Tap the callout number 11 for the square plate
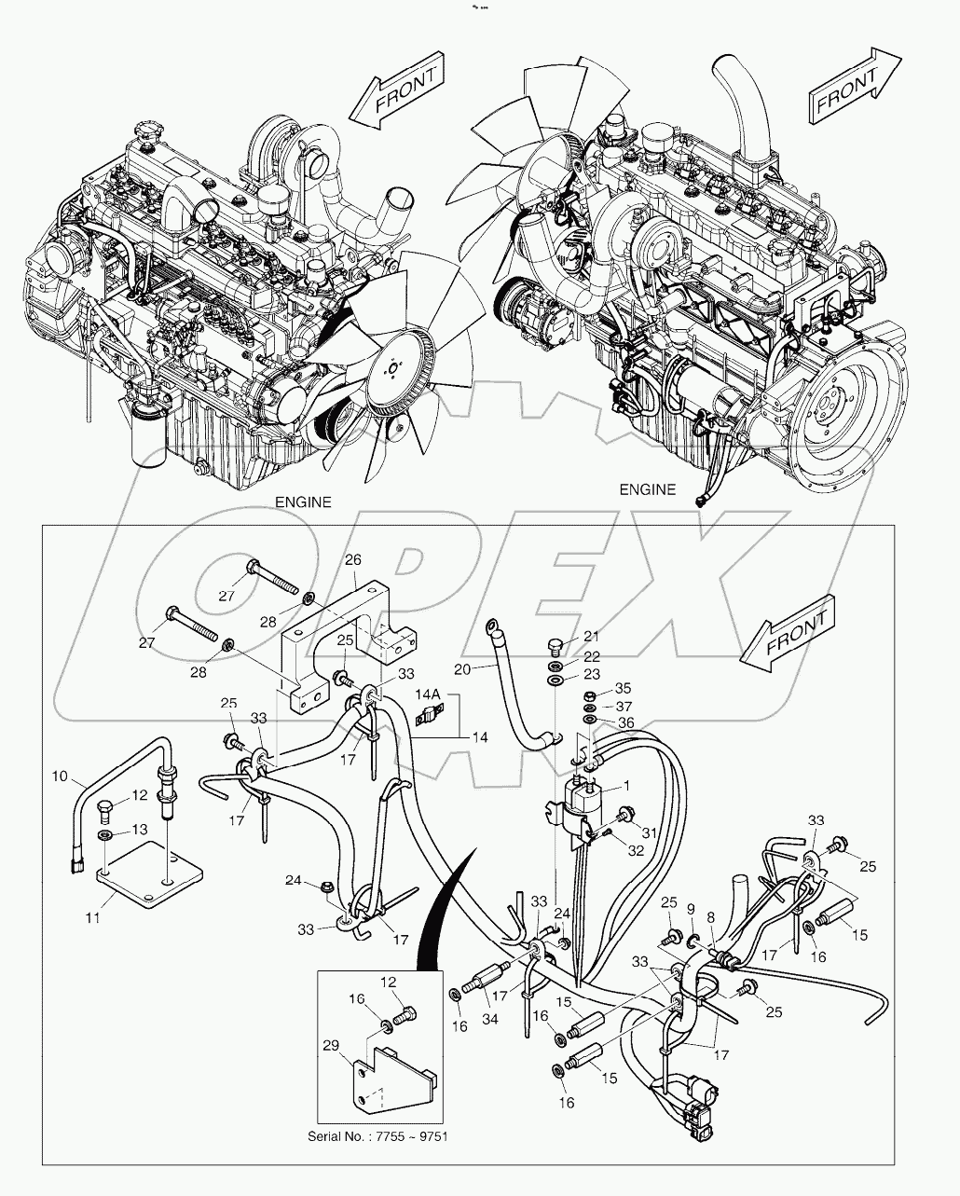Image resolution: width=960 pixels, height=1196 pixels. [x=91, y=918]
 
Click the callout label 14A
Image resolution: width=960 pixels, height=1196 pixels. [x=428, y=694]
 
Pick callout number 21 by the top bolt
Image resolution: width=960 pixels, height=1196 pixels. [x=591, y=637]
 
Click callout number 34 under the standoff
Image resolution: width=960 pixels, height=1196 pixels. [x=490, y=1020]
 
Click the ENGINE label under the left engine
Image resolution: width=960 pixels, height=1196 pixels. [x=302, y=502]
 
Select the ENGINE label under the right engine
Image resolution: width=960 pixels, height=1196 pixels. [x=647, y=489]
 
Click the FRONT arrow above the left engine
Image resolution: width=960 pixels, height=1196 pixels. [x=397, y=91]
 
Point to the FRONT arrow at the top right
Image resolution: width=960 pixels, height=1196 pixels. [x=852, y=87]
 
